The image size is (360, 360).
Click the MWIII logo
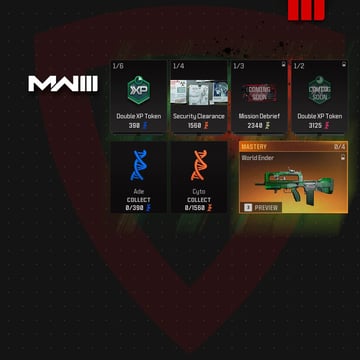62,84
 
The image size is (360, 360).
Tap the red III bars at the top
300,10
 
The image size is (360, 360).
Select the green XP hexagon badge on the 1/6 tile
138,89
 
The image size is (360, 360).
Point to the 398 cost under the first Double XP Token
134,126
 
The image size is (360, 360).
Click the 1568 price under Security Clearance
194,126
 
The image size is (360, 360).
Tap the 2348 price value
254,126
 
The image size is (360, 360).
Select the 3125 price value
314,126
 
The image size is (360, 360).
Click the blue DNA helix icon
138,166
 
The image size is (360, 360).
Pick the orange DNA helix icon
198,166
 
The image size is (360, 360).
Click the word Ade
139,190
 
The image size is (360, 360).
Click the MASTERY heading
255,146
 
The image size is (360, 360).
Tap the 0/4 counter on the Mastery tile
339,146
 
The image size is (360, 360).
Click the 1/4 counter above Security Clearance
178,65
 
